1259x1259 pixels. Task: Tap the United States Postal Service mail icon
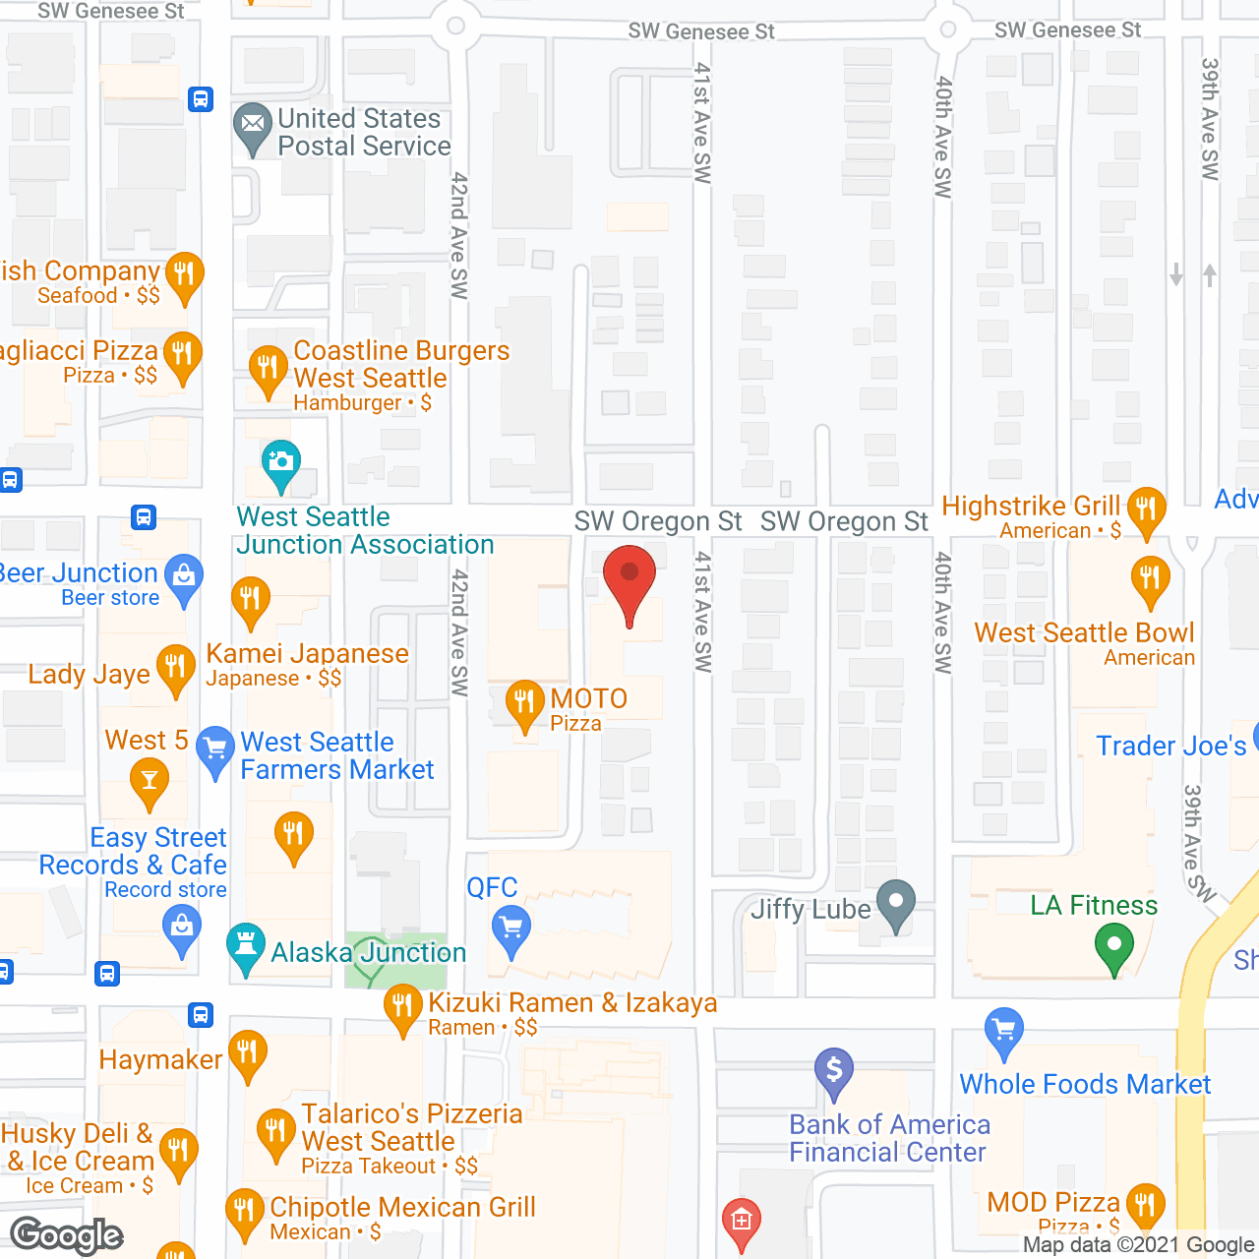pyautogui.click(x=253, y=126)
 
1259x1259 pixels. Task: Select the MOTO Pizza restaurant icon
pyautogui.click(x=524, y=702)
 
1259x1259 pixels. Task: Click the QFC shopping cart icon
pyautogui.click(x=510, y=928)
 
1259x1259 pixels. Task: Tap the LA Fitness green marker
pyautogui.click(x=1113, y=948)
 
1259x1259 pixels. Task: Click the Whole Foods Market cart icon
pyautogui.click(x=1003, y=1031)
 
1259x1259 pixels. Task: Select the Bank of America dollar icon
pyautogui.click(x=834, y=1069)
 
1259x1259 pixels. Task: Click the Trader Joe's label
pyautogui.click(x=1170, y=746)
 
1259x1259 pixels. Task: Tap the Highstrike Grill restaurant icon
pyautogui.click(x=1146, y=510)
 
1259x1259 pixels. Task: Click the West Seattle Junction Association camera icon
pyautogui.click(x=281, y=462)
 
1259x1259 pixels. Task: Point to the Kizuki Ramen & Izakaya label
pyautogui.click(x=572, y=1003)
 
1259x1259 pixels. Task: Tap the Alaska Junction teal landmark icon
pyautogui.click(x=245, y=946)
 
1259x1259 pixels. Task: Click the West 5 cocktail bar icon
pyautogui.click(x=150, y=781)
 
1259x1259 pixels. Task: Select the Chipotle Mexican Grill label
pyautogui.click(x=402, y=1207)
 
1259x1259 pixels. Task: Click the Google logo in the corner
pyautogui.click(x=67, y=1235)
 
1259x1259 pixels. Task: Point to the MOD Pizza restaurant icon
pyautogui.click(x=1145, y=1204)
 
